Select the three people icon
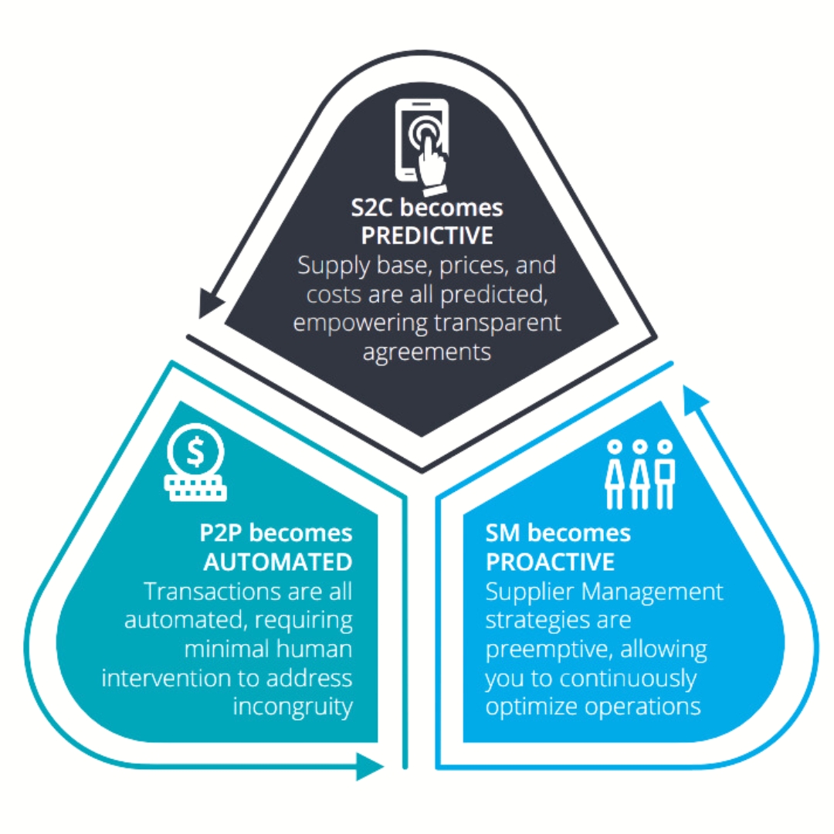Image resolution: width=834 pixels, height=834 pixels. coord(639,473)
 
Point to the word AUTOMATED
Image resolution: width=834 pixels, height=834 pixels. coord(278,561)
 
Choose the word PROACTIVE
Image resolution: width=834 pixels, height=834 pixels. coord(550,561)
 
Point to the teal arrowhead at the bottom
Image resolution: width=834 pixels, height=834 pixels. coord(371,766)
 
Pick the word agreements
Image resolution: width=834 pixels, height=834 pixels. coord(427,351)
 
